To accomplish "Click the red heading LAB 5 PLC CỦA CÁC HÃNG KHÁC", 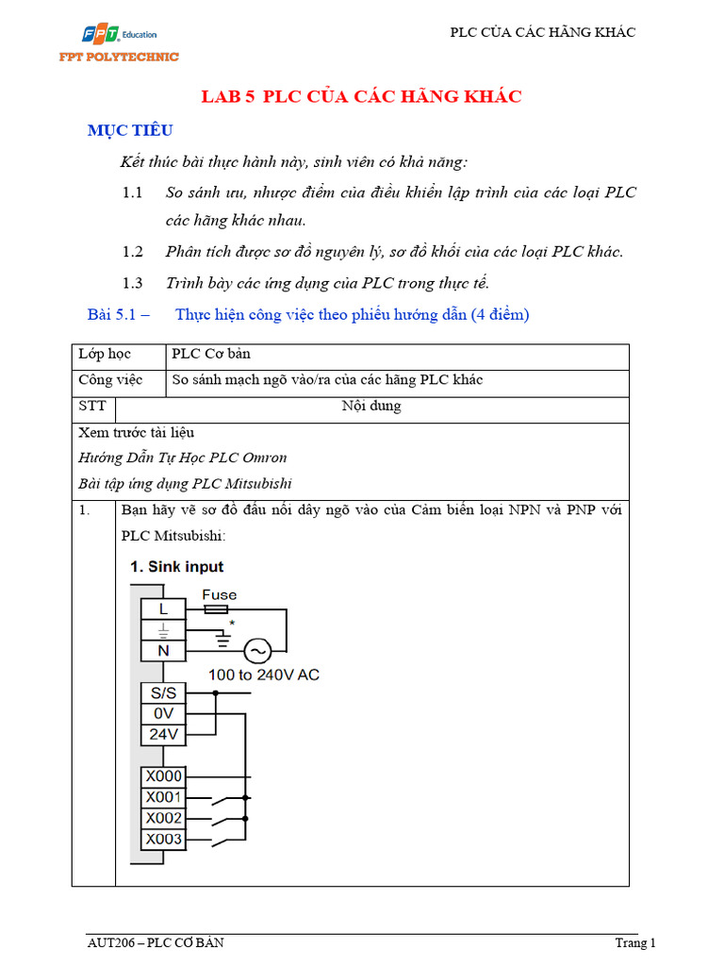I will pos(362,97).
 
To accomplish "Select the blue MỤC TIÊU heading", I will pos(130,130).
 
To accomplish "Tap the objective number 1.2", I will pos(132,252).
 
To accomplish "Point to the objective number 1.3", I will pos(132,283).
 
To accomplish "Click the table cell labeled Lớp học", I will pos(105,355).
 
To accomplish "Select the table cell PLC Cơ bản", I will pos(211,355).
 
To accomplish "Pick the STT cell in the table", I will pos(93,407).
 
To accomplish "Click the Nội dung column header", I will pos(370,407).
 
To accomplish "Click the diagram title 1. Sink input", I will pos(176,567).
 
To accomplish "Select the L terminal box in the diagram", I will pos(163,609).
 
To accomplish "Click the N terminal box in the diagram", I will pos(163,650).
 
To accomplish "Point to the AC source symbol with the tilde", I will pos(256,651).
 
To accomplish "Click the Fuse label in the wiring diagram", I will pos(219,595).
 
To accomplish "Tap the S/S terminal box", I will pos(163,692).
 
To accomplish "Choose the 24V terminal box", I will pos(163,734).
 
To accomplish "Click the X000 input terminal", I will pos(163,776).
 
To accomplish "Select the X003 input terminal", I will pos(163,839).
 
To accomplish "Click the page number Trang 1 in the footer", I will pos(633,942).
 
